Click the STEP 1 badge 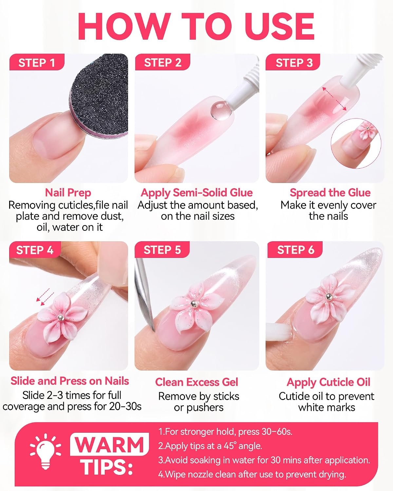point(37,62)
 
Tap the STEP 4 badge point(35,250)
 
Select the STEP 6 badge point(295,250)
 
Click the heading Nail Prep point(68,193)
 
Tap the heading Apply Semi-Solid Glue point(197,193)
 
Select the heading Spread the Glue point(330,193)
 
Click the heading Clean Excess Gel point(196,382)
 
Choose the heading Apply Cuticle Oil point(328,382)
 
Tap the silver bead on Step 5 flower point(194,303)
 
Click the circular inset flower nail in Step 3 point(356,143)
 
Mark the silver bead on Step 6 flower point(328,297)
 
